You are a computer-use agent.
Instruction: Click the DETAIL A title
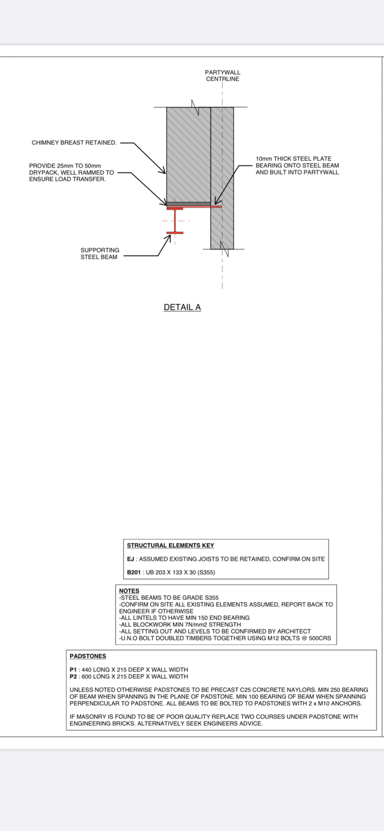[x=182, y=307]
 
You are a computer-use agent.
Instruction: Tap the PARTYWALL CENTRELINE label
[x=222, y=76]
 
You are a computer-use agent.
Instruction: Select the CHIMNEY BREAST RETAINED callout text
[x=74, y=142]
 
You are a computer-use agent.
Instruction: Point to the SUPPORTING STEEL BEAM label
[x=99, y=253]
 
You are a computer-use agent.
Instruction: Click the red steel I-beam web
[x=175, y=221]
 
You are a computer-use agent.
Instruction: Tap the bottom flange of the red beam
[x=175, y=233]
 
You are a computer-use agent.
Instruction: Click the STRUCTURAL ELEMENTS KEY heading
[x=170, y=545]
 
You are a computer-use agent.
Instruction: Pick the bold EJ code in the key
[x=130, y=559]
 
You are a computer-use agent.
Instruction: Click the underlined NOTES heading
[x=129, y=591]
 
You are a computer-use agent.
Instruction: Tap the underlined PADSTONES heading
[x=88, y=656]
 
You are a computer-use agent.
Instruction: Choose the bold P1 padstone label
[x=73, y=669]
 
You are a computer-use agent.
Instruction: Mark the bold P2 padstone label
[x=73, y=676]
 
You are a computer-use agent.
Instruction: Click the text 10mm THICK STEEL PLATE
[x=293, y=158]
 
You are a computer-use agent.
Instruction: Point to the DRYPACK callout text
[x=71, y=172]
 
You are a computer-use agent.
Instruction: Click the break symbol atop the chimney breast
[x=195, y=107]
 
